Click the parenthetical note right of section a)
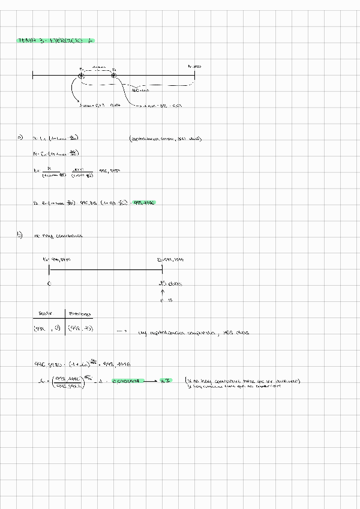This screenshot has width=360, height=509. (165, 139)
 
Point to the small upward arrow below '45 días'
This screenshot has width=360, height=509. (163, 292)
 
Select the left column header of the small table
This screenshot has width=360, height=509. (46, 313)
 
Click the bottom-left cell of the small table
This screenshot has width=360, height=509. (46, 329)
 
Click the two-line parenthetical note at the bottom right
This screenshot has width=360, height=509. (242, 384)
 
